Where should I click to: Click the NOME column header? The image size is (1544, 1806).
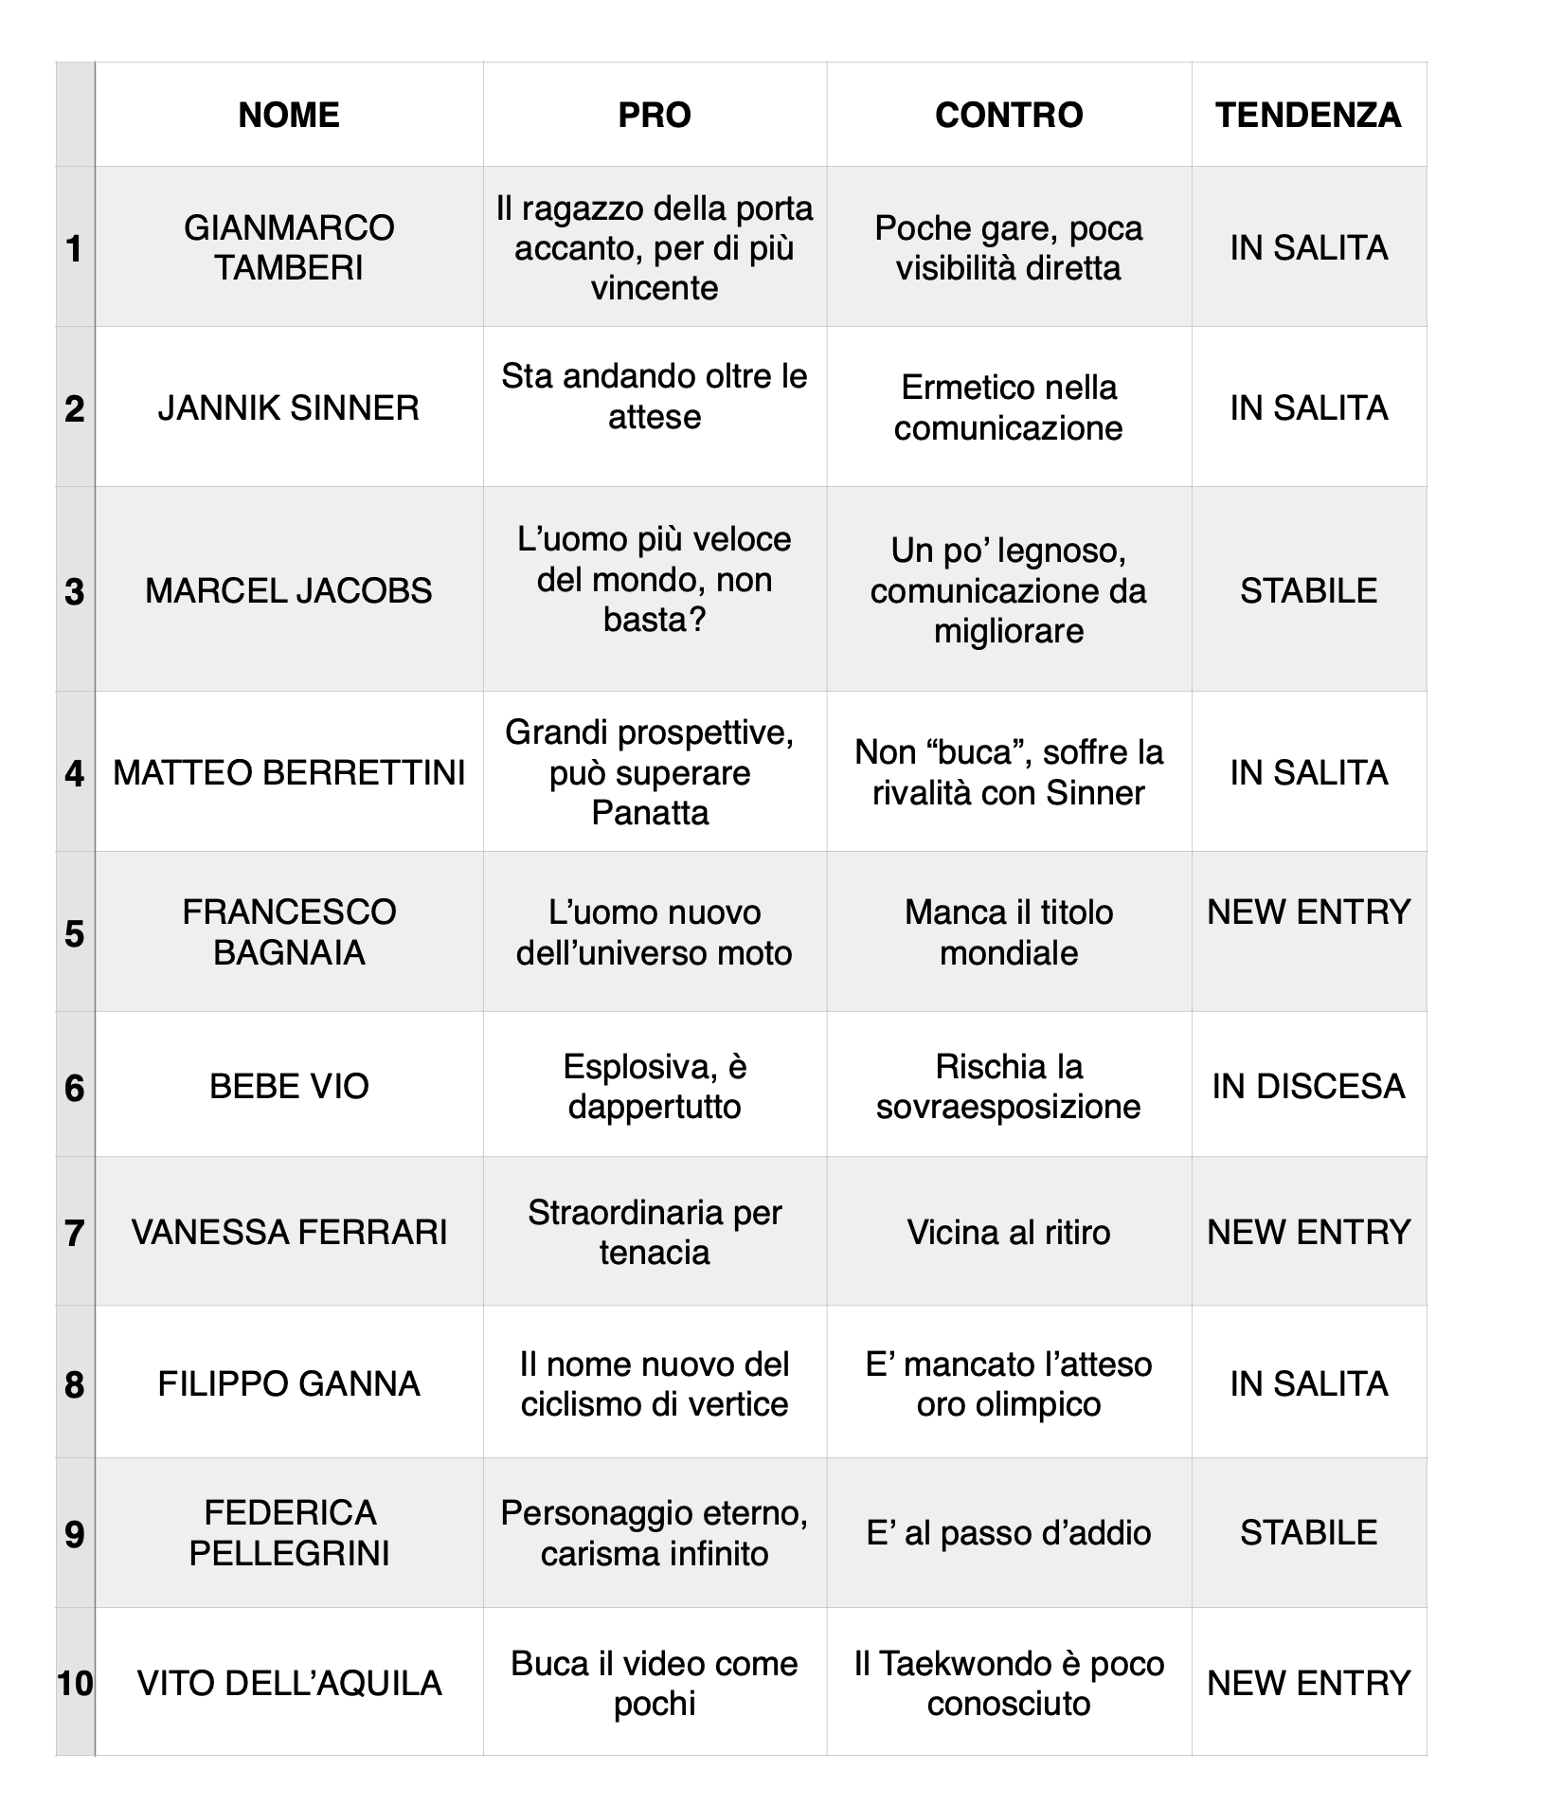[289, 115]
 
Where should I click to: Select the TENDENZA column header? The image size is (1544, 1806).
[1308, 115]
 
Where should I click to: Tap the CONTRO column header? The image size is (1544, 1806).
[1009, 115]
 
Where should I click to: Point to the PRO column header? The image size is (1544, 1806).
[655, 115]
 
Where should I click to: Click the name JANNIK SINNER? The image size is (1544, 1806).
[289, 407]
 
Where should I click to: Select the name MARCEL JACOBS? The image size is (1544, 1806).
[289, 590]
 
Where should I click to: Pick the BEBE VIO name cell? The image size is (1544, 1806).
[289, 1086]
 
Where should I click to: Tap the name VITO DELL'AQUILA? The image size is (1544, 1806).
[289, 1683]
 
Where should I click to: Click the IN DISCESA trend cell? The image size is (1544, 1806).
[1308, 1086]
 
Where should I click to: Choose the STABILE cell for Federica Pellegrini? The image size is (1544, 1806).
[1308, 1532]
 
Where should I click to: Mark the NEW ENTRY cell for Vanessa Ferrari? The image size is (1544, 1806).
[1308, 1232]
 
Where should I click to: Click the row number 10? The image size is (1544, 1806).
[75, 1684]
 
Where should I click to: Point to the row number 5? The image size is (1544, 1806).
[75, 934]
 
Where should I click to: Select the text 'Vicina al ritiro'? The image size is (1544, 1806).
[1009, 1232]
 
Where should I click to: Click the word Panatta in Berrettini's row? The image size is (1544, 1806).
[650, 813]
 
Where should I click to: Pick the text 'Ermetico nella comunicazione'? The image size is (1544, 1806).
[1009, 407]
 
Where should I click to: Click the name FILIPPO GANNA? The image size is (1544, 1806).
[289, 1383]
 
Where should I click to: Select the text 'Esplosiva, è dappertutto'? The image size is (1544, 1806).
[655, 1086]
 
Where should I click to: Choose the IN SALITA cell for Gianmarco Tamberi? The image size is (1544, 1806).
[1308, 247]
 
